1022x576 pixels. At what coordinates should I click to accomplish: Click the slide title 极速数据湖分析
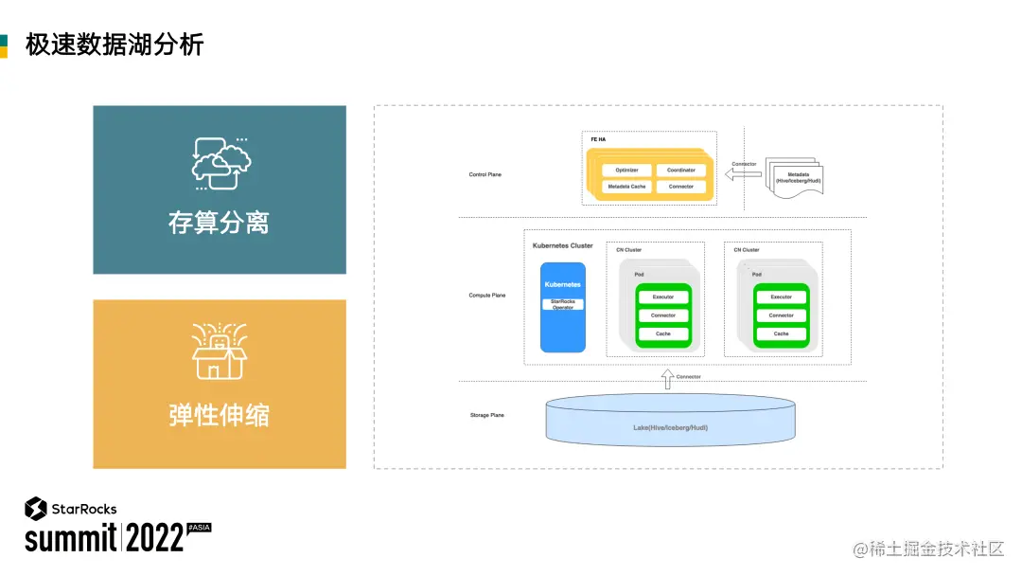pyautogui.click(x=115, y=44)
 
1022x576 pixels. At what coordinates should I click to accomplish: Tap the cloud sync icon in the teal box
pyautogui.click(x=220, y=162)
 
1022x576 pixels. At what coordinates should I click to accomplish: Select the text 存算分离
pyautogui.click(x=219, y=223)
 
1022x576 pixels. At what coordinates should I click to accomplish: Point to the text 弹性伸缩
pyautogui.click(x=219, y=415)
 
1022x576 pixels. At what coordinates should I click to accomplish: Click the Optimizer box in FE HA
pyautogui.click(x=626, y=171)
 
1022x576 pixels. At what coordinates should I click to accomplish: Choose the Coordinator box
pyautogui.click(x=680, y=171)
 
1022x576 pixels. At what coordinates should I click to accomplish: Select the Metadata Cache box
pyautogui.click(x=626, y=187)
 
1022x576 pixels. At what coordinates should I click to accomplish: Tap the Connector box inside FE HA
pyautogui.click(x=680, y=187)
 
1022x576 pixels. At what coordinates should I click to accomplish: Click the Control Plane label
pyautogui.click(x=485, y=174)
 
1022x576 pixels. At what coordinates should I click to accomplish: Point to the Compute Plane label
pyautogui.click(x=487, y=296)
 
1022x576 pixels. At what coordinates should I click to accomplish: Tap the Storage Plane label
pyautogui.click(x=486, y=415)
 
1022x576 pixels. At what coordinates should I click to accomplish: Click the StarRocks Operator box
pyautogui.click(x=563, y=304)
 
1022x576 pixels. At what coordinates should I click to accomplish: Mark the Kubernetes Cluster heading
pyautogui.click(x=562, y=245)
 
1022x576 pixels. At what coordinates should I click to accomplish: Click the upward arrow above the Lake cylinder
pyautogui.click(x=666, y=379)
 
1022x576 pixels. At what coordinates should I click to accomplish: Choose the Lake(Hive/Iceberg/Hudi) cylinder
pyautogui.click(x=670, y=422)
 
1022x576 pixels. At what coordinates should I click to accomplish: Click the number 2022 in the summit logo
pyautogui.click(x=155, y=538)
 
